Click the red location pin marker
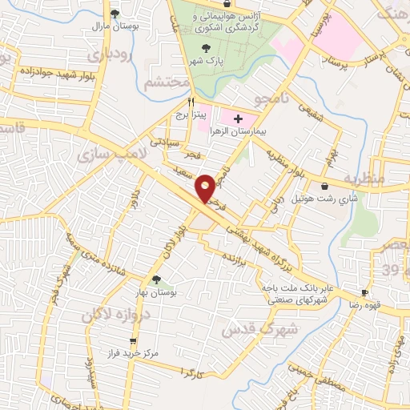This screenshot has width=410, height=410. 206,188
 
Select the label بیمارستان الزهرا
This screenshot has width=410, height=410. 238,131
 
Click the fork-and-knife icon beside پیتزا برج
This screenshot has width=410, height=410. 191,102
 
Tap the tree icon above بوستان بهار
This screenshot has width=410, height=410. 156,281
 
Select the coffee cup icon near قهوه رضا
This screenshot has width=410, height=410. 364,293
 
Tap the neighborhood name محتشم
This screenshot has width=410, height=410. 168,82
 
